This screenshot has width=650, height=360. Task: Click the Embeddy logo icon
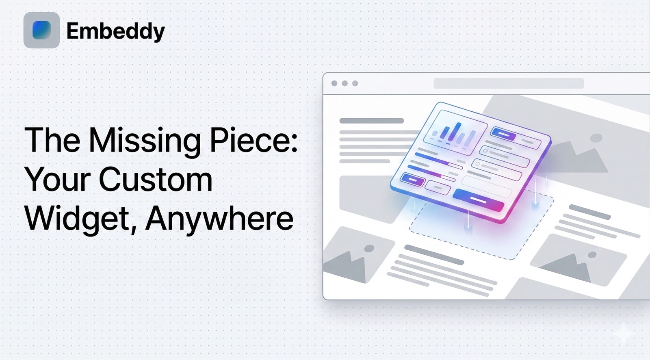pos(41,30)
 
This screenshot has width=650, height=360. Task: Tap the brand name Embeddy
pos(115,31)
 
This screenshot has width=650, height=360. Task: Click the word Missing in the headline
pos(144,141)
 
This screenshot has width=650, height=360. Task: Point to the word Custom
pos(155,179)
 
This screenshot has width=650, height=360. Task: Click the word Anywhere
pos(219,219)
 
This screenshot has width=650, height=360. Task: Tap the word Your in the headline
pos(57,179)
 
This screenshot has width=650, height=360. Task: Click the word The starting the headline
pos(52,141)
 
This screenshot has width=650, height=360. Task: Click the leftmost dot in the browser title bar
pos(334,83)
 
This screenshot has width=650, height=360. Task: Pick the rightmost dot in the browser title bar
pos(355,83)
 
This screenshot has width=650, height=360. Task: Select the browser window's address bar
pos(508,83)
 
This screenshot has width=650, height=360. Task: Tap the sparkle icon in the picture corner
pos(624,334)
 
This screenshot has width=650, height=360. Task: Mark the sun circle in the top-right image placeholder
pos(596,138)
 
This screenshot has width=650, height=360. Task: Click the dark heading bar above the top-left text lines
pos(371,121)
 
